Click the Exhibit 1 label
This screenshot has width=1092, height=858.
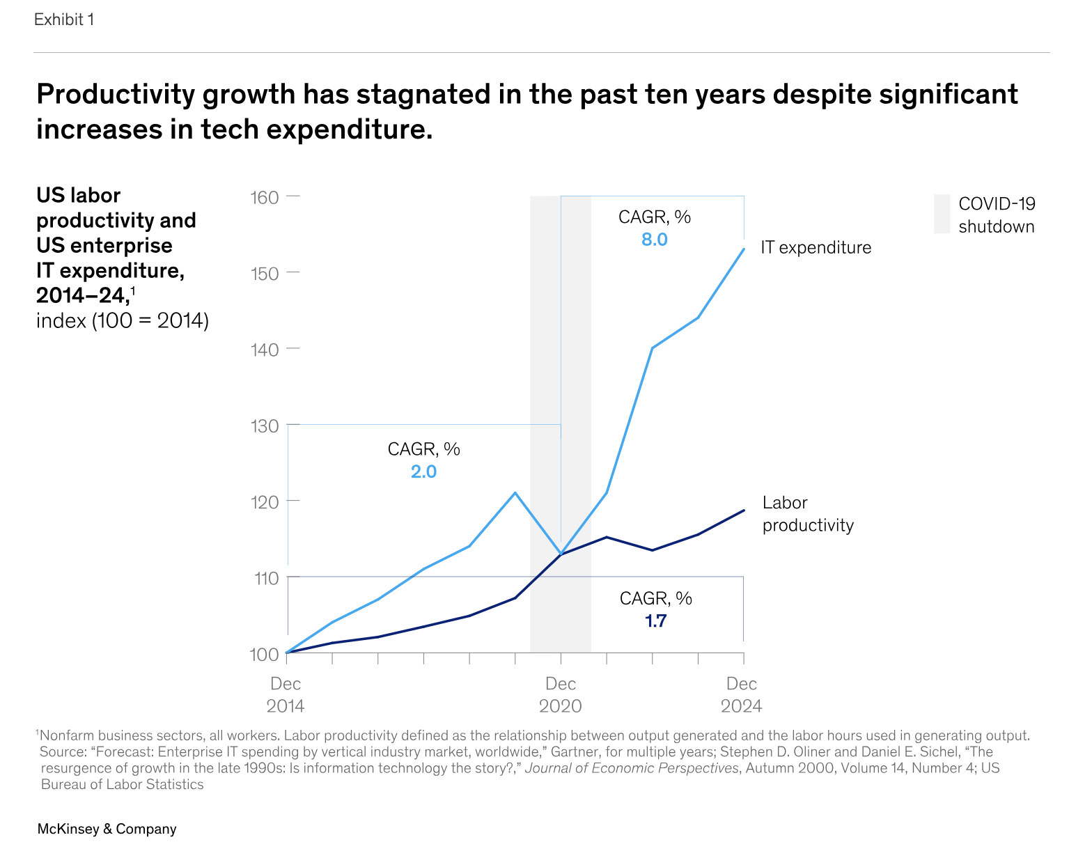[63, 19]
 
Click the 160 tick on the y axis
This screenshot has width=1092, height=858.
[265, 198]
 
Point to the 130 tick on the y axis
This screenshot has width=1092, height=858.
[265, 426]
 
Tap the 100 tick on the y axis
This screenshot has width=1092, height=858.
[265, 654]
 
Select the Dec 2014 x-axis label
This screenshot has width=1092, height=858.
[286, 694]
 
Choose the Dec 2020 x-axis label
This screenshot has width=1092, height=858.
[561, 694]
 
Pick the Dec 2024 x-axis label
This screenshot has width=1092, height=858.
[742, 694]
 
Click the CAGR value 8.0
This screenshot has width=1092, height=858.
[655, 240]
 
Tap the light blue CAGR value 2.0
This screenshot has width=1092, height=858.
[423, 472]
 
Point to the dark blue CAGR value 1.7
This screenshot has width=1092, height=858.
[656, 621]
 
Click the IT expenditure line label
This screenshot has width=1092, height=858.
[816, 248]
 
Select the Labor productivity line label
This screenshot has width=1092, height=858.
[808, 514]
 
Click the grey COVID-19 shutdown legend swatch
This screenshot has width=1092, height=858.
[942, 214]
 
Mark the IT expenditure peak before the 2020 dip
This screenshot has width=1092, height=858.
[515, 493]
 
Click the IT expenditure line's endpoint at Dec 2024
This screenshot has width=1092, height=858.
[744, 249]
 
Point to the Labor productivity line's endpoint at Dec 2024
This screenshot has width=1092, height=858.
[744, 510]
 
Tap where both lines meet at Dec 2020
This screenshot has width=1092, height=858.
[561, 554]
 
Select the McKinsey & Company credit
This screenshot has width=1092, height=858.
[107, 829]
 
